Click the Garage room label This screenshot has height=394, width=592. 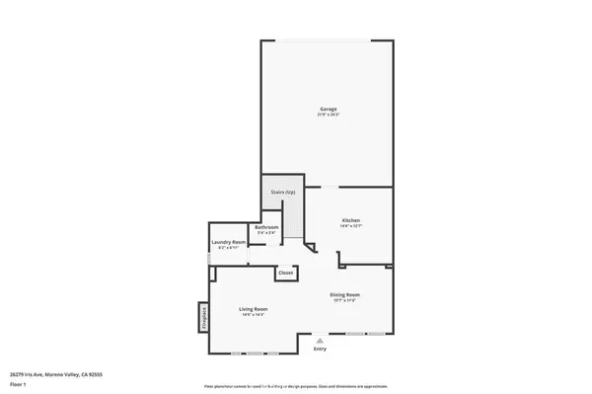[x=329, y=108]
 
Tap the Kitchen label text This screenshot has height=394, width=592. [x=350, y=219]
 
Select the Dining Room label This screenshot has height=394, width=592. [x=344, y=294]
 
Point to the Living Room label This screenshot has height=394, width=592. [x=254, y=309]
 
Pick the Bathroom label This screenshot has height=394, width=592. [x=266, y=227]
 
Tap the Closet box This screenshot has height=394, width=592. [x=285, y=272]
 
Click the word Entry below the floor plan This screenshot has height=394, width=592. [x=320, y=349]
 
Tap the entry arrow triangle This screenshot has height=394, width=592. [x=320, y=340]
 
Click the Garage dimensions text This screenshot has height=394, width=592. [x=329, y=115]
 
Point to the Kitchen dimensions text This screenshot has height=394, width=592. [x=350, y=226]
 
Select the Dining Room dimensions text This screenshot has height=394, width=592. [x=344, y=300]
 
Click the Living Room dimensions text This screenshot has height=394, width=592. [x=254, y=315]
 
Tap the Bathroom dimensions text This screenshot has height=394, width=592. [x=266, y=233]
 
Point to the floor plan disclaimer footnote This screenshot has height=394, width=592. [x=295, y=385]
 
